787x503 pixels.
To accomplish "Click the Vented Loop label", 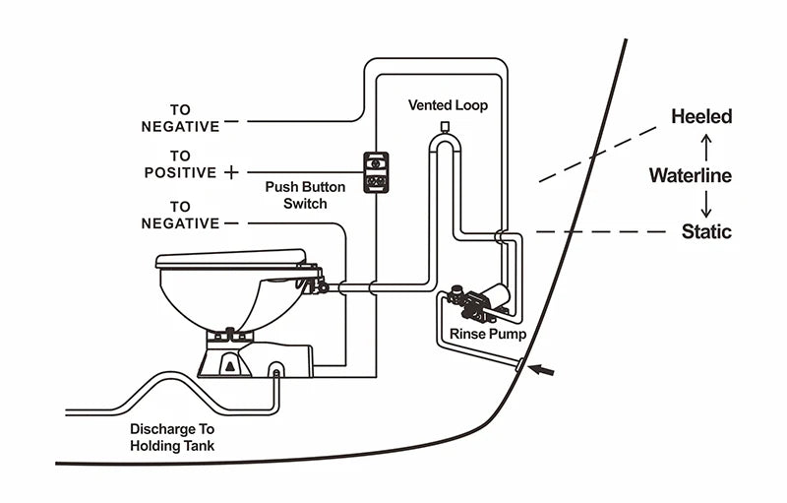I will tap(448, 104).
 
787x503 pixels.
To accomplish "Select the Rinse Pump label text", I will tap(488, 335).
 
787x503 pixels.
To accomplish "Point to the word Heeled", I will tap(701, 117).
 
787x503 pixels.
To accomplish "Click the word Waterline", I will tap(690, 176).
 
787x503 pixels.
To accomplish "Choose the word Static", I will tap(706, 232).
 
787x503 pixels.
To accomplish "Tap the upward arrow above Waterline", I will tap(704, 147).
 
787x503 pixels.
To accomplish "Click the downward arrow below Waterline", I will tap(704, 205).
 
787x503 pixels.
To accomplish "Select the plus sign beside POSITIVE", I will tap(231, 172).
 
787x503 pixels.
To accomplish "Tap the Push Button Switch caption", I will tap(296, 195).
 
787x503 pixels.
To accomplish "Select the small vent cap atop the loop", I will tap(445, 127).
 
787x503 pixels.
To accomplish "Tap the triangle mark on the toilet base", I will tap(229, 366).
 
